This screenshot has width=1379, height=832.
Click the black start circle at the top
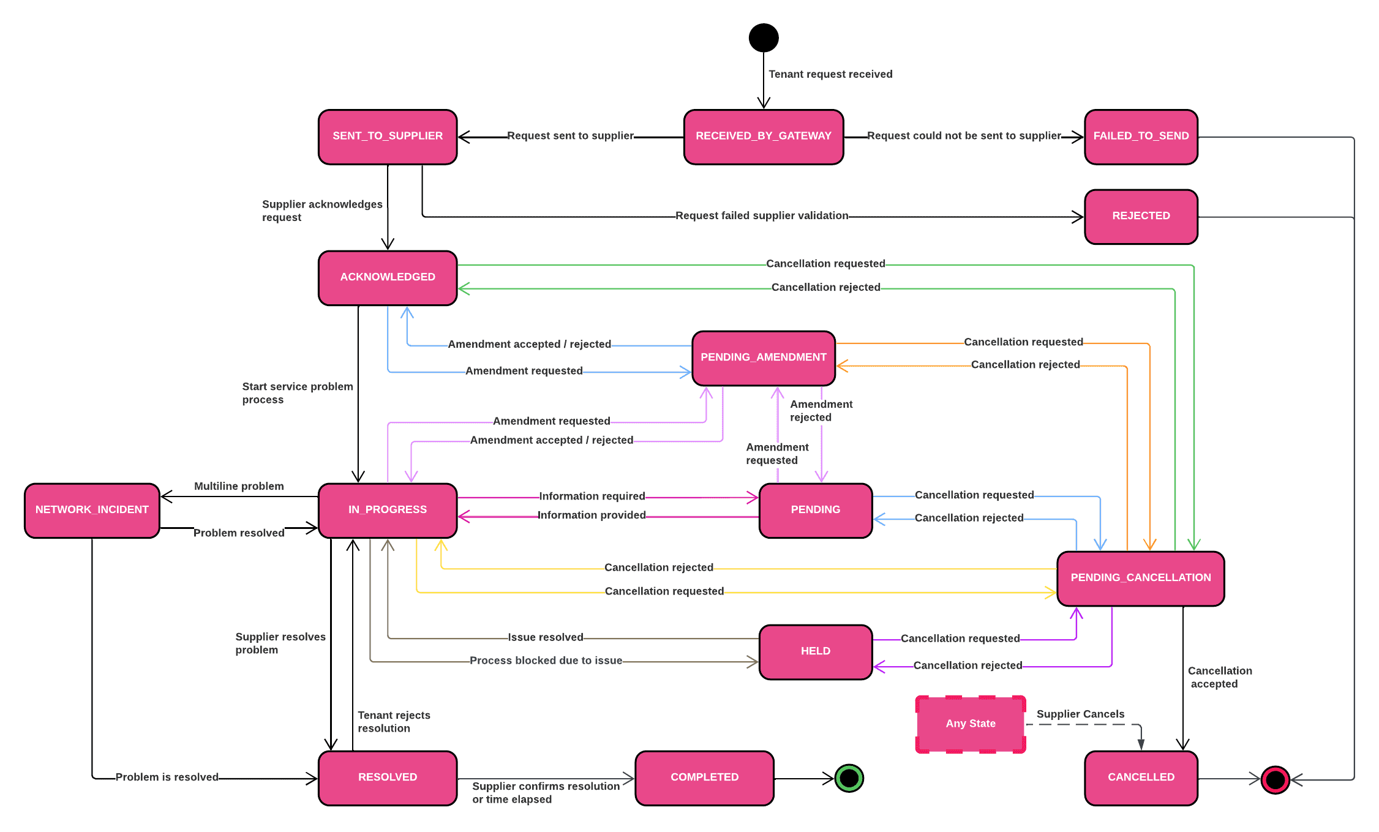[x=764, y=37]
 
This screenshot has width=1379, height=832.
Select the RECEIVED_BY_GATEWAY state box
[x=764, y=137]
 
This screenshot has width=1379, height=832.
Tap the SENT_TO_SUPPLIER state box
[x=388, y=137]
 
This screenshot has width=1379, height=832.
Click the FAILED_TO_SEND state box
[x=1141, y=137]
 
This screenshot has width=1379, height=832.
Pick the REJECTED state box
[x=1141, y=216]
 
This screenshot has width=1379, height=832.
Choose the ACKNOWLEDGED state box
[x=388, y=277]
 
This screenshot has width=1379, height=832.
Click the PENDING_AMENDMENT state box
[x=764, y=358]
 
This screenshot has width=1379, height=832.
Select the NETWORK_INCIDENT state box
[x=92, y=510]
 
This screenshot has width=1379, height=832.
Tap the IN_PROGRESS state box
[x=388, y=510]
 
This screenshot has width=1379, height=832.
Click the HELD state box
[x=815, y=651]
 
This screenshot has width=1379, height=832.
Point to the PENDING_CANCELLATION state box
[x=1140, y=578]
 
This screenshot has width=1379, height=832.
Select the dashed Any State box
[x=971, y=724]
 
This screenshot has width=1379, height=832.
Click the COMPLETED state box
[x=704, y=778]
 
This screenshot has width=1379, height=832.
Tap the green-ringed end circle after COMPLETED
[x=849, y=778]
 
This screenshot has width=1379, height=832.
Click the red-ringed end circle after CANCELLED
[x=1275, y=780]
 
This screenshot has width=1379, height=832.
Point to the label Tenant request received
[x=830, y=74]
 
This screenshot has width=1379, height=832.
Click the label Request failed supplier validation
[x=761, y=215]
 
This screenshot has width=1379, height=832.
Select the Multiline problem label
[x=239, y=486]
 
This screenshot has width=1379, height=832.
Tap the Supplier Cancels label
[x=1080, y=714]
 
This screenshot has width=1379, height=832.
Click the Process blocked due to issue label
[x=546, y=661]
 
